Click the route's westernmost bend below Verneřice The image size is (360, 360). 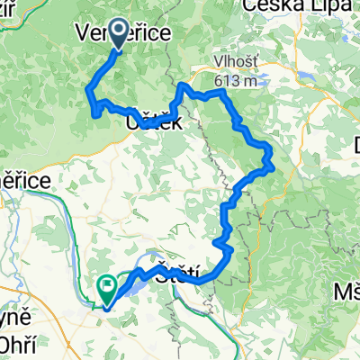point(88,89)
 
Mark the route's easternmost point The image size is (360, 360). point(272,164)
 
